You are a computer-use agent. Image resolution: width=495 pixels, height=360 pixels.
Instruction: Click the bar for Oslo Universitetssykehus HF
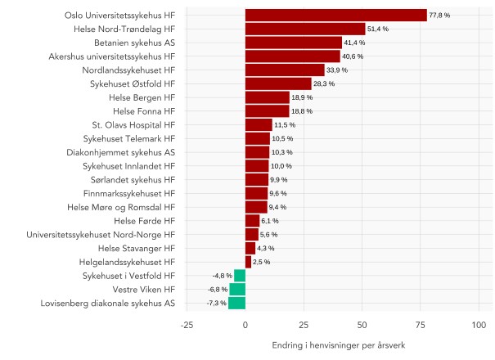(x=335, y=15)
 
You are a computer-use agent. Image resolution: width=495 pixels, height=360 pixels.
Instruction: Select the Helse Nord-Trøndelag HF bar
(x=305, y=29)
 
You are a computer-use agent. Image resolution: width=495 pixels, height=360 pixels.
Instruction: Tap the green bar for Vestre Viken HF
(x=237, y=289)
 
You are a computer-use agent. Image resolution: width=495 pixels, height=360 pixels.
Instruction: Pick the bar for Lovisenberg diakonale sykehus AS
(x=236, y=303)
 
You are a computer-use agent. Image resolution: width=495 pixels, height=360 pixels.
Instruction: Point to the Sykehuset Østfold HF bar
(x=278, y=83)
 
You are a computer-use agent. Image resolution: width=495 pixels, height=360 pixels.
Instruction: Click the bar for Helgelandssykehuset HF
(x=248, y=262)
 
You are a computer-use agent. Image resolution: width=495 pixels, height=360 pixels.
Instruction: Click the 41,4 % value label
(x=354, y=43)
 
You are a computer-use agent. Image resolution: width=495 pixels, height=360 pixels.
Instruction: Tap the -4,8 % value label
(x=222, y=276)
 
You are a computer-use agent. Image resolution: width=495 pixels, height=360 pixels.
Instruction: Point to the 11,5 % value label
(x=284, y=125)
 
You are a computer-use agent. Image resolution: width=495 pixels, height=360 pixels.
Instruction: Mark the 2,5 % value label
(x=261, y=262)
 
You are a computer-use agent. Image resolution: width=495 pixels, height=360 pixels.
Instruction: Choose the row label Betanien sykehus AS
(x=134, y=43)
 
